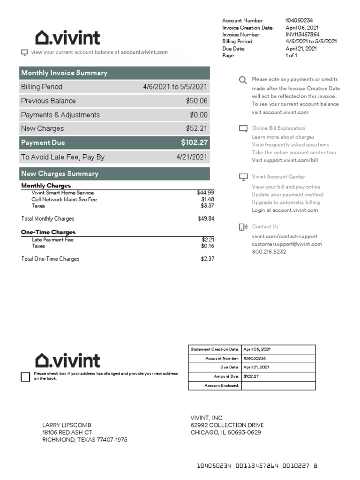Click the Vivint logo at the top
[x=67, y=37]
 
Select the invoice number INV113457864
[x=302, y=34]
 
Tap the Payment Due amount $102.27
[x=194, y=142]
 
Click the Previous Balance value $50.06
[x=196, y=101]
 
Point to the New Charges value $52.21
[x=196, y=128]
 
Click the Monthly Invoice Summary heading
[x=64, y=73]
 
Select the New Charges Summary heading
[x=60, y=173]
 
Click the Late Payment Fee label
[x=52, y=240]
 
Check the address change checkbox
[x=25, y=376]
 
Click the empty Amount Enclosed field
[x=278, y=385]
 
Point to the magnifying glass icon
[x=243, y=80]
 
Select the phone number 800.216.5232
[x=269, y=252]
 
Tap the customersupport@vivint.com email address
[x=287, y=244]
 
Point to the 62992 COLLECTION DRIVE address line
[x=227, y=425]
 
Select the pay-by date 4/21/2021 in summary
[x=191, y=157]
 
